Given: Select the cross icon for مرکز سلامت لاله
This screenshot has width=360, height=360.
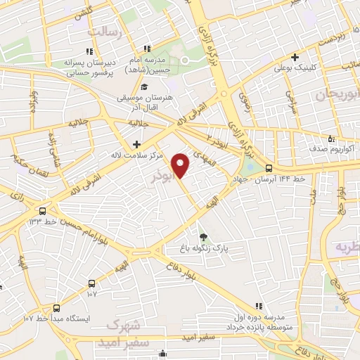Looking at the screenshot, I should click(x=136, y=144).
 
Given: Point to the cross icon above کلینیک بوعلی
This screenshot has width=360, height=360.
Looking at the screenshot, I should click(x=295, y=57).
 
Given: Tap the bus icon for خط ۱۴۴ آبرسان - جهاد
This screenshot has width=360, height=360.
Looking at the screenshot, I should click(x=269, y=167).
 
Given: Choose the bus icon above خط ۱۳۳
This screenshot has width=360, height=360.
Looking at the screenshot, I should click(x=43, y=210).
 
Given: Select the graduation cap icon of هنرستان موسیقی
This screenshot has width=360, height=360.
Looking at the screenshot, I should click(x=144, y=87).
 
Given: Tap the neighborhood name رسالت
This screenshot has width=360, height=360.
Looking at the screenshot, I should click(x=105, y=32).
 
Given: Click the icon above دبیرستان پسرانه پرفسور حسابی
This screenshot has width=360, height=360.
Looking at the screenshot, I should click(x=89, y=51).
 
